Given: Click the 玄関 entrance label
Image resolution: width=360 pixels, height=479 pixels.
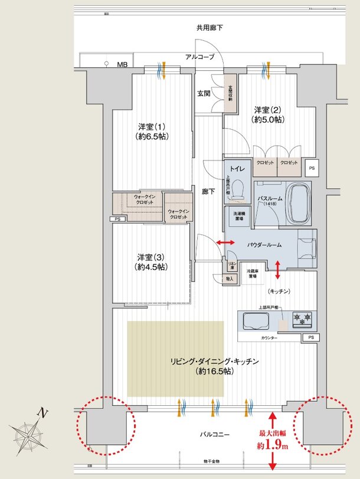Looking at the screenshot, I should point(204,93).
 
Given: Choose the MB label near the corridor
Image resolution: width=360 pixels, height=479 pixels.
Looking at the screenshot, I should point(122,64).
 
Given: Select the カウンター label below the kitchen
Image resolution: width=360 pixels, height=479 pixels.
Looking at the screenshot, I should point(269,339).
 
